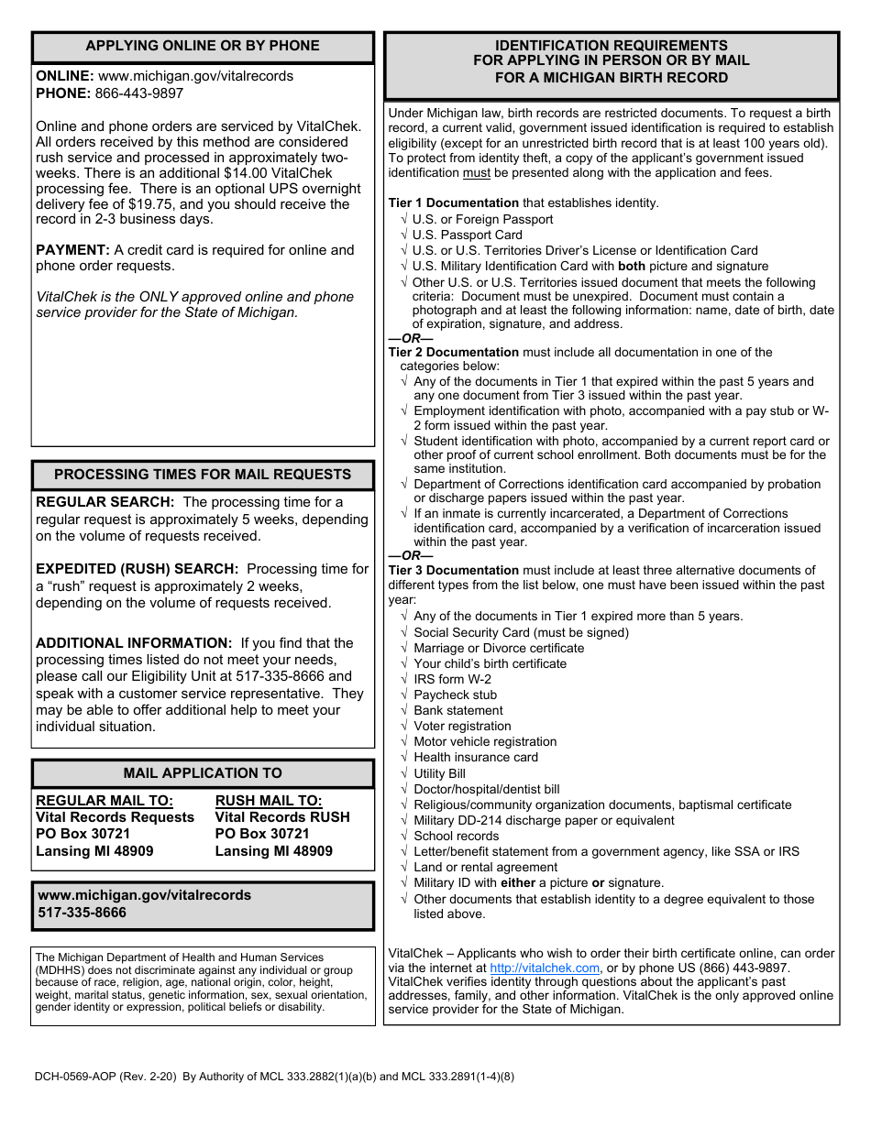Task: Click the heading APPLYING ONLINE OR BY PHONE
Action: tap(203, 46)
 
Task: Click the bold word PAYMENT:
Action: tap(72, 250)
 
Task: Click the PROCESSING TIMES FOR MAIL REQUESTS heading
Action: tap(203, 475)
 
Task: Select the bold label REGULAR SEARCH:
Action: tap(105, 502)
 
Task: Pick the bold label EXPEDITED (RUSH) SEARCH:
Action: tap(137, 569)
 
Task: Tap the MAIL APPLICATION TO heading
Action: tap(203, 773)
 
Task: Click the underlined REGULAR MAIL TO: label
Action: tap(104, 801)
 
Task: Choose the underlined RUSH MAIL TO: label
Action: tap(269, 801)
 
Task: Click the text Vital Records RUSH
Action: tap(282, 817)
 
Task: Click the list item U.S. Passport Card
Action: tap(467, 235)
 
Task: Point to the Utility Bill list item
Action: tap(439, 773)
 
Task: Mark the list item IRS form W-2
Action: tap(452, 679)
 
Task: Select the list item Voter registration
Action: tap(462, 726)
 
